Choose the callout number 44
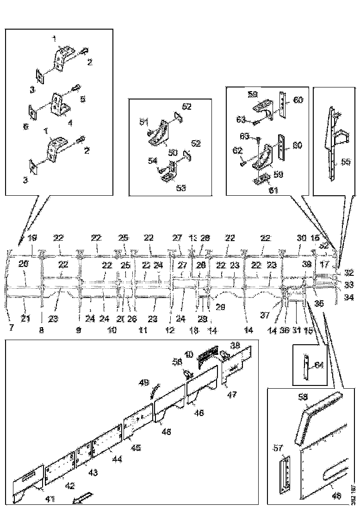(118, 460)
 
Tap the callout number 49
(144, 382)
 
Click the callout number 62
(237, 150)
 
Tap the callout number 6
(26, 126)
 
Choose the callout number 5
(83, 99)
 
